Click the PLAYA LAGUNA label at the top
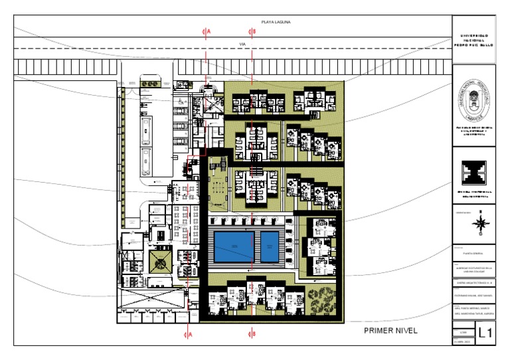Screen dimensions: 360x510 coord(276,22)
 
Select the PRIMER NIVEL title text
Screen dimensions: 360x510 coord(390,330)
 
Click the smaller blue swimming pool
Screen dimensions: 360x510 coord(270,246)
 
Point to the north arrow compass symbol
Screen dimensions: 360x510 coord(479,225)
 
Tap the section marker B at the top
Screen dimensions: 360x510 coord(252,31)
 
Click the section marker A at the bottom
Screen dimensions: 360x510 coord(189,335)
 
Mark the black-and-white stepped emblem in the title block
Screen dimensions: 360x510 coord(473,175)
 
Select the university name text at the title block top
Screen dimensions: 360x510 coord(473,40)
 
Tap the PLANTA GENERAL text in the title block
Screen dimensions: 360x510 coord(473,253)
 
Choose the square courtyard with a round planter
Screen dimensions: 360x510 coord(160,260)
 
